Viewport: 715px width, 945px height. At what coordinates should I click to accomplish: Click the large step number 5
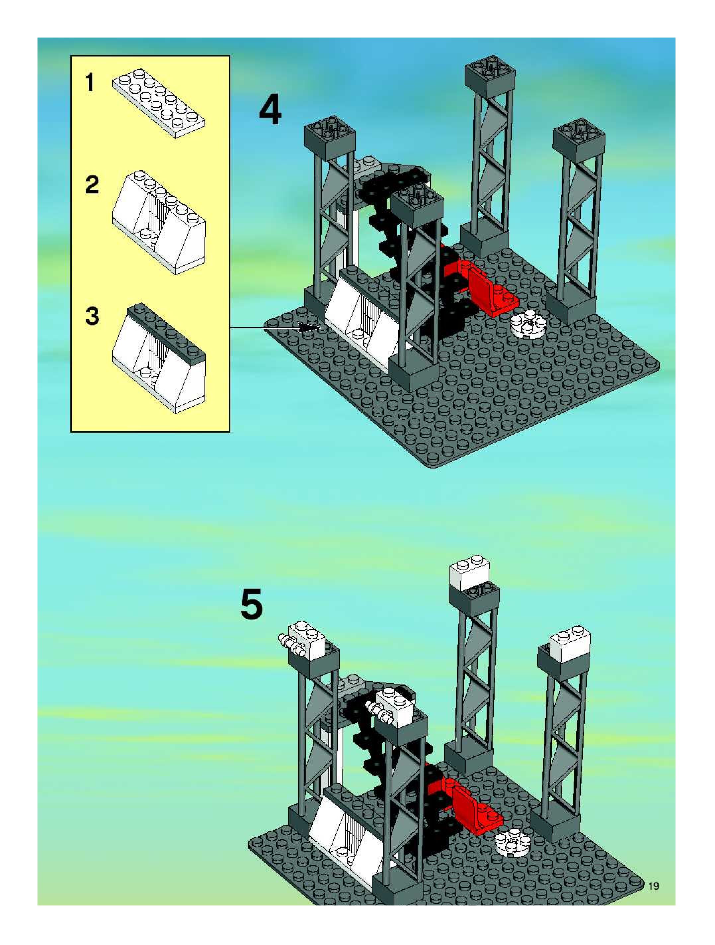[252, 605]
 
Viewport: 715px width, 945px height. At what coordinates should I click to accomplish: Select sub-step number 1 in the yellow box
[90, 82]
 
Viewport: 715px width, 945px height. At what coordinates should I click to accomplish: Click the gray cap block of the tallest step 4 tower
[490, 74]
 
